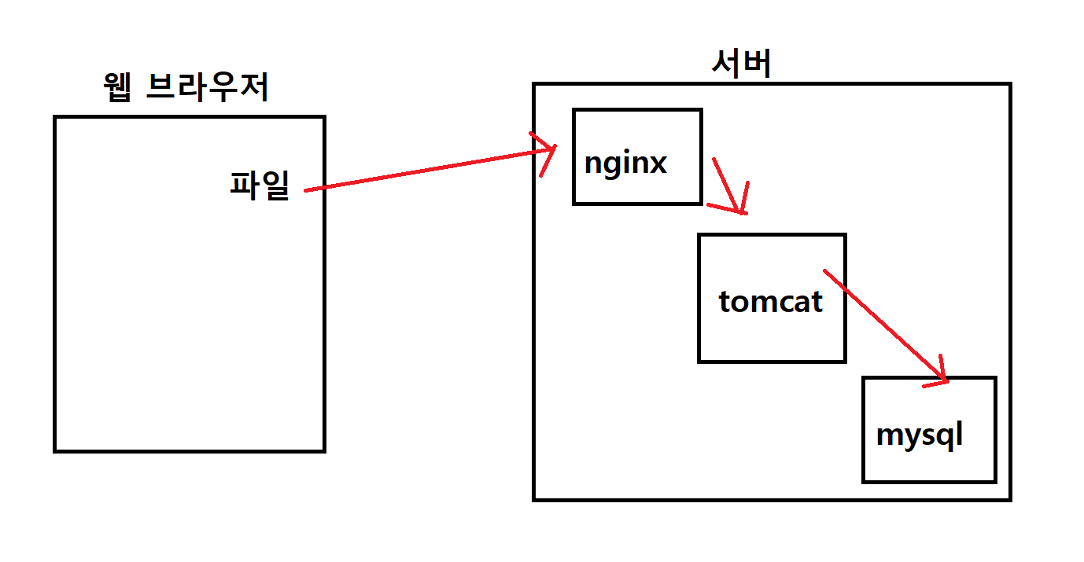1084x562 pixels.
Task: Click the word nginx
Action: (625, 163)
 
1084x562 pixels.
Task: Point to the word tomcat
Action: (770, 301)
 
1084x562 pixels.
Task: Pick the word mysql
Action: (919, 435)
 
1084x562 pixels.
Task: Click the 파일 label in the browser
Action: (260, 185)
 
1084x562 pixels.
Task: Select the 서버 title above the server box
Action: (741, 64)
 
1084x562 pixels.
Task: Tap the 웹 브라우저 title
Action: (186, 88)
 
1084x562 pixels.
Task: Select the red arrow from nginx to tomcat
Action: (728, 185)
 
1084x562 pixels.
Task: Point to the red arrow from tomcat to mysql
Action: (881, 322)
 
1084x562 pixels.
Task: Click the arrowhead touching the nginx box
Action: (548, 151)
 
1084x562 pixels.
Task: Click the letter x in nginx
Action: (657, 163)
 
